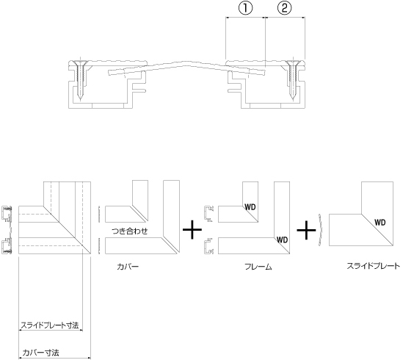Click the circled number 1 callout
[x=246, y=8]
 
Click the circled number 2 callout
[x=285, y=8]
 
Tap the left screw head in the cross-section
[x=81, y=62]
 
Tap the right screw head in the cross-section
[x=293, y=62]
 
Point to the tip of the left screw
[x=81, y=100]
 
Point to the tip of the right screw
[x=293, y=100]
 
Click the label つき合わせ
[x=130, y=231]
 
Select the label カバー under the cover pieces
[x=128, y=267]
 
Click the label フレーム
[x=258, y=267]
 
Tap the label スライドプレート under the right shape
[x=374, y=266]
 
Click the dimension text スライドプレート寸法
[x=50, y=325]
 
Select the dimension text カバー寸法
[x=40, y=353]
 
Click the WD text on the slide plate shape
[x=380, y=223]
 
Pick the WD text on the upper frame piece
[x=250, y=207]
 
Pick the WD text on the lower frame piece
[x=282, y=240]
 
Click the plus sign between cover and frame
[x=192, y=230]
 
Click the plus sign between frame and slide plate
[x=306, y=230]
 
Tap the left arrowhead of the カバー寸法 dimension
[x=21, y=358]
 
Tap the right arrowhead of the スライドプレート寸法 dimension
[x=81, y=330]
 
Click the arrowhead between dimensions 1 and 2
[x=265, y=18]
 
